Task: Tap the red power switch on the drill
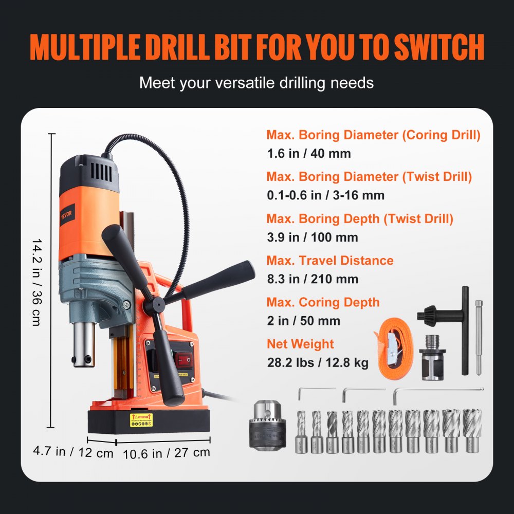pyautogui.click(x=183, y=359)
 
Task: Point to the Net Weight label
pyautogui.click(x=300, y=344)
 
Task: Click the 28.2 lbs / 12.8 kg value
pyautogui.click(x=317, y=362)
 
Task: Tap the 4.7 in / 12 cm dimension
pyautogui.click(x=72, y=452)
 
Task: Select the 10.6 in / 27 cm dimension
pyautogui.click(x=167, y=453)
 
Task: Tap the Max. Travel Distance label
pyautogui.click(x=329, y=261)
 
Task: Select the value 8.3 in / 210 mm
pyautogui.click(x=312, y=279)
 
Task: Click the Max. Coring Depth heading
pyautogui.click(x=323, y=302)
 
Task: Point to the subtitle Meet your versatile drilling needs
pyautogui.click(x=256, y=82)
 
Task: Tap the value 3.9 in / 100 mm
pyautogui.click(x=312, y=237)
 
